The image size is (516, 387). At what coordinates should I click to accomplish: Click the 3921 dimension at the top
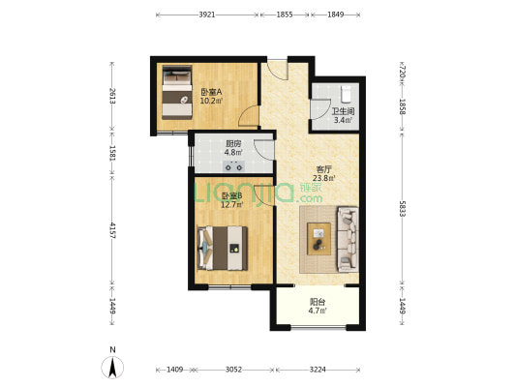207,15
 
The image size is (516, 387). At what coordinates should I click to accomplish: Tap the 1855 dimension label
285,15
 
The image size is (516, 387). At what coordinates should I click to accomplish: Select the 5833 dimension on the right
402,209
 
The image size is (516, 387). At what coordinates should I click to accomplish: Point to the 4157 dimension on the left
112,230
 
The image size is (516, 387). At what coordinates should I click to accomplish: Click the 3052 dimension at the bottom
233,370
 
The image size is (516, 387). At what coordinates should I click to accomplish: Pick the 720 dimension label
402,72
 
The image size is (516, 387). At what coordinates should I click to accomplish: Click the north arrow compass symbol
112,368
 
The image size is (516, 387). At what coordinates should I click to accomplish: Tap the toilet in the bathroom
346,94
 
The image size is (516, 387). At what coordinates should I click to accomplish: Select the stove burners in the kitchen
234,166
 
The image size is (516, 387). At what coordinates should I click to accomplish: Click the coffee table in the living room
319,239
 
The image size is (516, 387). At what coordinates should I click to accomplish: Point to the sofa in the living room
348,239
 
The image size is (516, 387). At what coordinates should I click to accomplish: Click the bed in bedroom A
177,92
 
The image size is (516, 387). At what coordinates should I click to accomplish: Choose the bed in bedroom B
223,248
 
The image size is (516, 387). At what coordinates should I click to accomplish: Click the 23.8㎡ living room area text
323,179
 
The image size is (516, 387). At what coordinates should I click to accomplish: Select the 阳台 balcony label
318,302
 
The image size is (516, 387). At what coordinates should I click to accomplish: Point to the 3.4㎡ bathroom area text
344,120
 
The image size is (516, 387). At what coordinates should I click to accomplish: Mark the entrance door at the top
278,70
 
